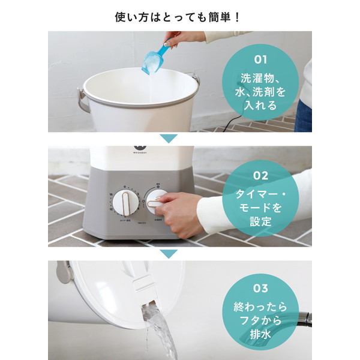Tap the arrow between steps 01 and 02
pos(169,139)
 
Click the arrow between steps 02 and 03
pos(169,253)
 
